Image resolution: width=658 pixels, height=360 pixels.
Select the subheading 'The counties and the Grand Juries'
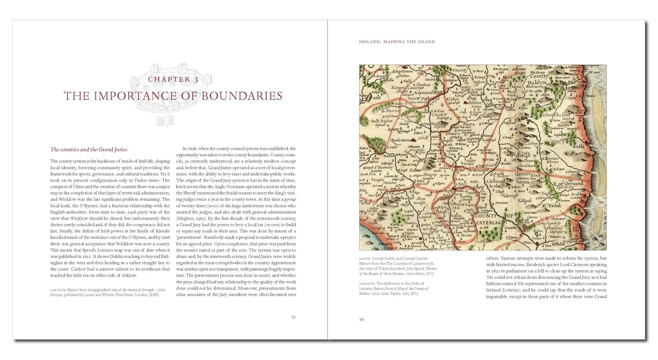click(x=89, y=149)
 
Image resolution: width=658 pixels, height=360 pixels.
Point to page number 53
click(x=293, y=317)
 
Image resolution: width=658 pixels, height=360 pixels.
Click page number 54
click(x=362, y=319)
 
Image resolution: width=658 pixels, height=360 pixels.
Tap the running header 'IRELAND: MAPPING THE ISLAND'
click(x=397, y=42)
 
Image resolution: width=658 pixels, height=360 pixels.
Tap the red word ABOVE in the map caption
click(x=364, y=258)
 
